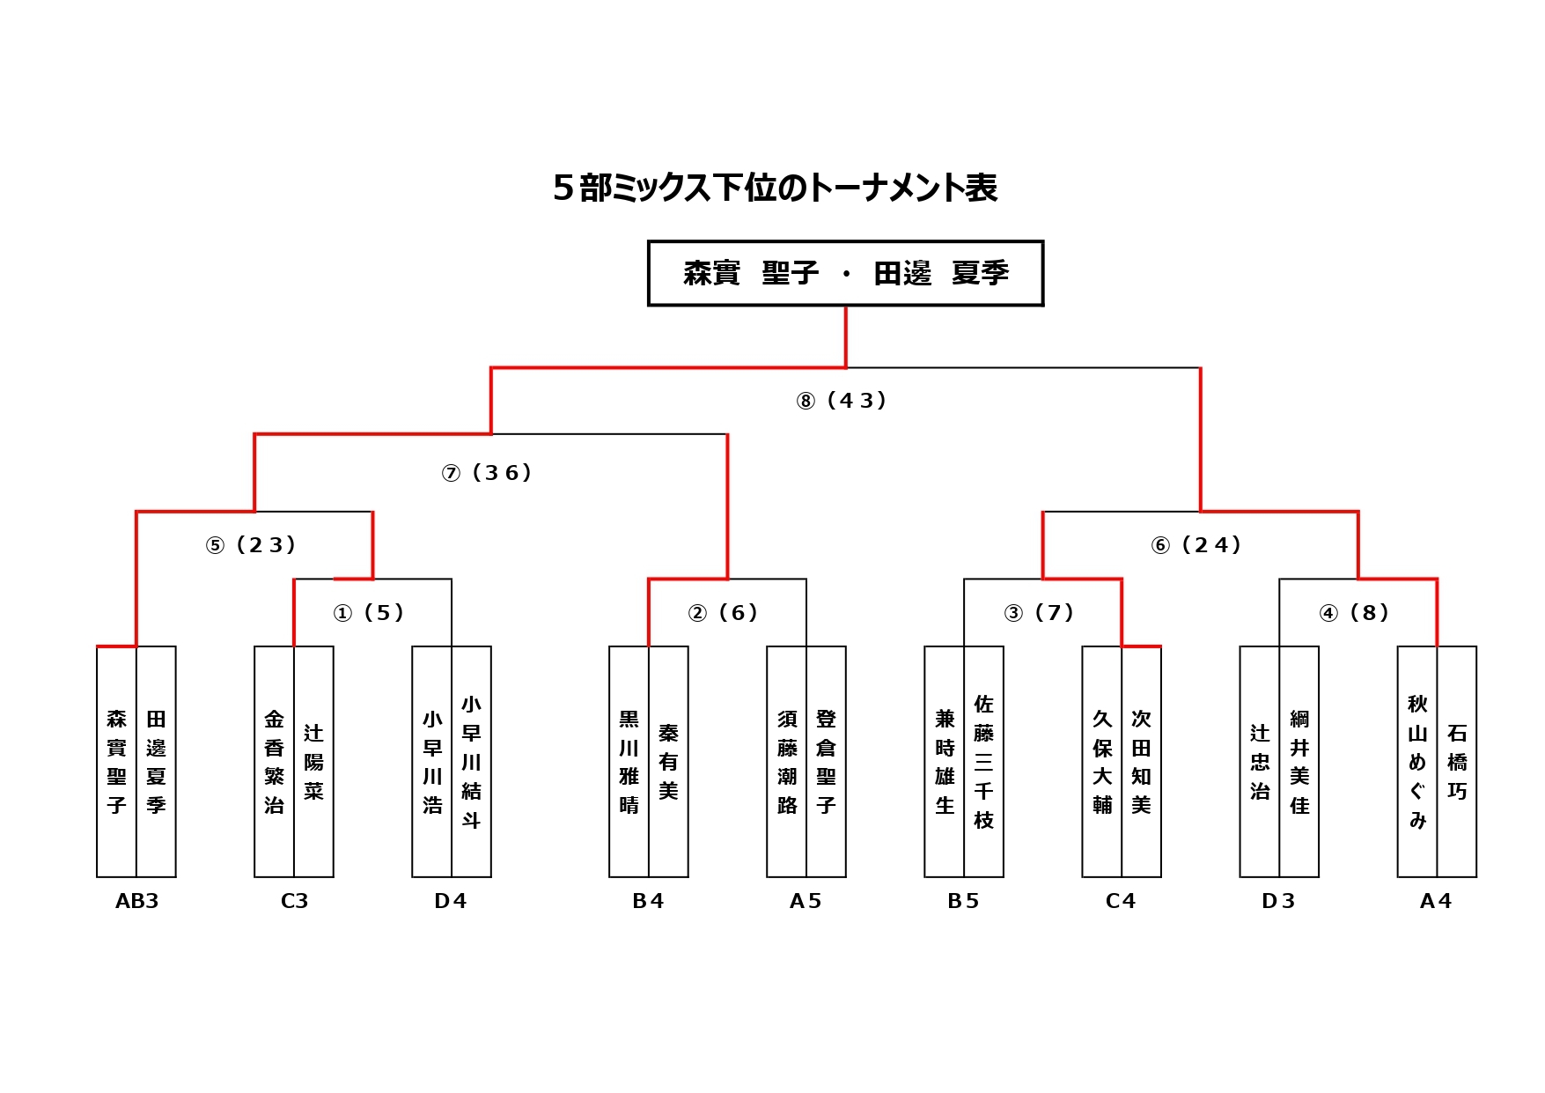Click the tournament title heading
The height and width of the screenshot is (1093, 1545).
click(x=775, y=188)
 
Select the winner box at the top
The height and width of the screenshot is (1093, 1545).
click(x=845, y=273)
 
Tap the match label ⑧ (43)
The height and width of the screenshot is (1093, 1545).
click(x=842, y=401)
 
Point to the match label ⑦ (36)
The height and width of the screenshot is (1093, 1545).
click(x=487, y=473)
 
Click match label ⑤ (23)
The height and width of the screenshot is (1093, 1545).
click(x=251, y=545)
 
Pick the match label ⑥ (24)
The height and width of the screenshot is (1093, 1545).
click(x=1196, y=545)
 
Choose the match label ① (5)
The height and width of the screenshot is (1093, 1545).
click(x=369, y=613)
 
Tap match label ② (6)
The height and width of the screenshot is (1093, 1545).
click(x=724, y=613)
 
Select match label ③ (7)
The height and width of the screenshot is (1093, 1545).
click(x=1040, y=613)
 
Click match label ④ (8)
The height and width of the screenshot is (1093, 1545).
click(x=1355, y=613)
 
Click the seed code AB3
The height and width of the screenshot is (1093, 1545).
click(x=137, y=901)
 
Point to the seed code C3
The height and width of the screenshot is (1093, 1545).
click(x=294, y=901)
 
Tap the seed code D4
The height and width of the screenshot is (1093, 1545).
click(x=451, y=901)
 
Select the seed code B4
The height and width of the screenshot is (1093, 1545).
click(x=648, y=901)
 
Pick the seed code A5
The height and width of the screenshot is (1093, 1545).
click(x=806, y=901)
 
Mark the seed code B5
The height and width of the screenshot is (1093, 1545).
click(x=963, y=901)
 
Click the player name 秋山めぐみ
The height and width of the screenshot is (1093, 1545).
click(x=1417, y=762)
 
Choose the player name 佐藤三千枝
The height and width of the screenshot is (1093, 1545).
click(x=983, y=762)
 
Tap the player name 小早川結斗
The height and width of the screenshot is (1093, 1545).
click(x=471, y=762)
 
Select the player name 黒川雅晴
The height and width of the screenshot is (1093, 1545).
click(x=629, y=762)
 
